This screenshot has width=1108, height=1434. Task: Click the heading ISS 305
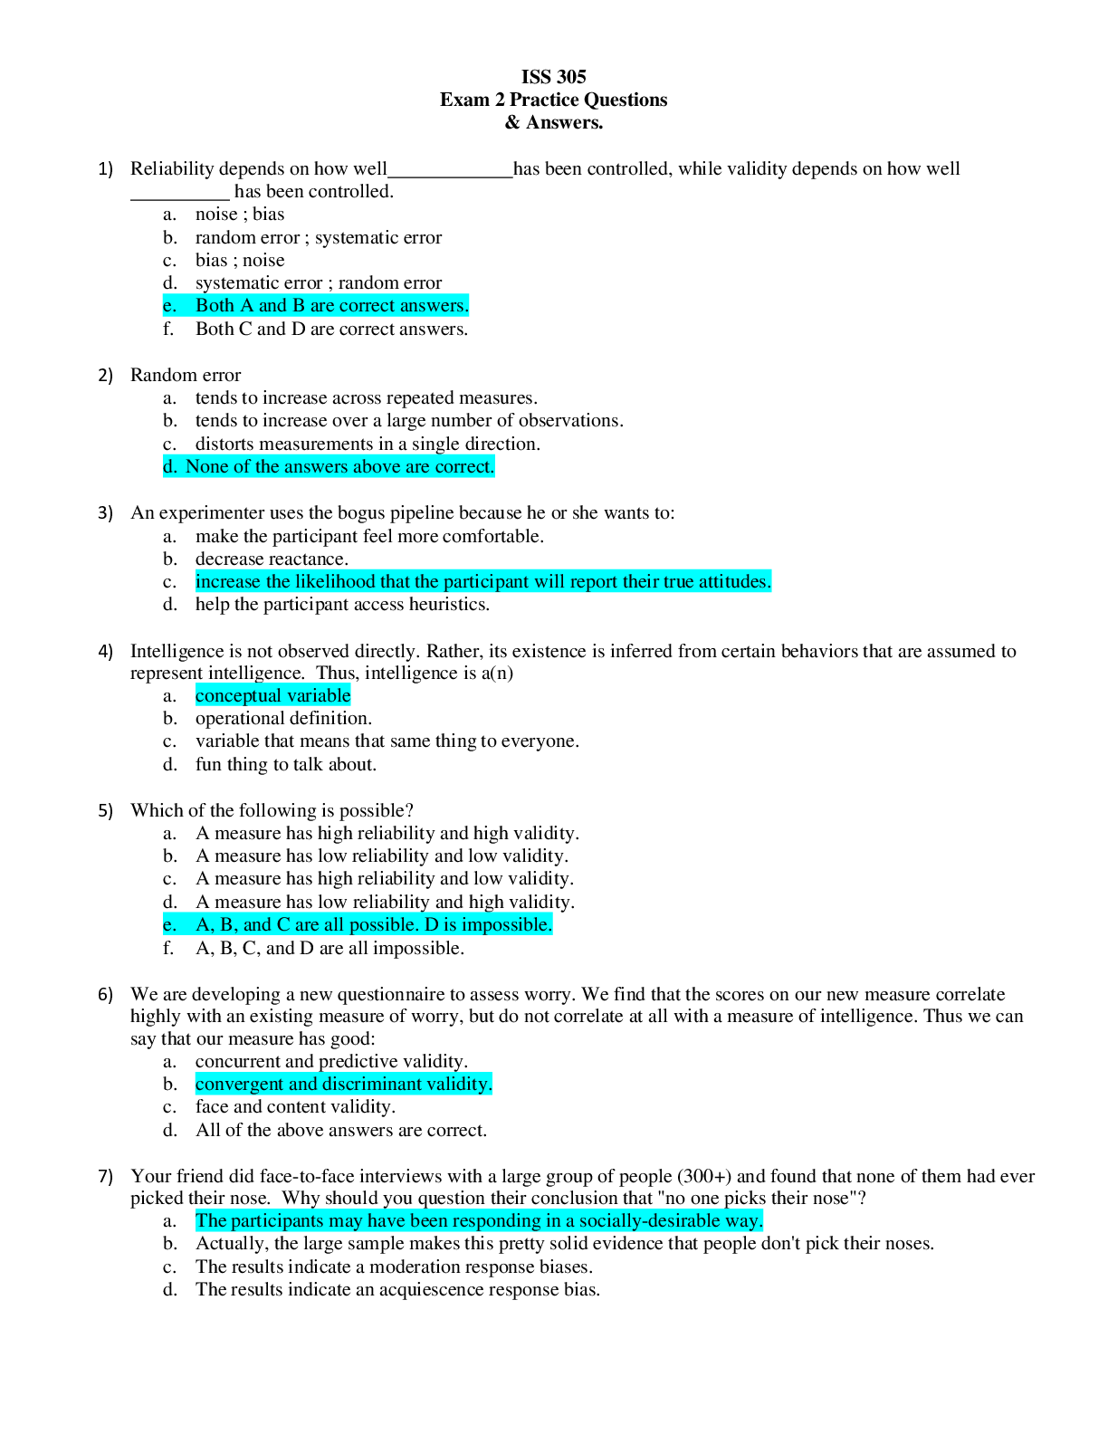coord(553,77)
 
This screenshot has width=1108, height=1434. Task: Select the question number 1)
coord(106,169)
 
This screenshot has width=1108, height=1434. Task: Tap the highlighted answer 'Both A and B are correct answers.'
coord(331,306)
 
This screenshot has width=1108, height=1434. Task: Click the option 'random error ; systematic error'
coord(319,238)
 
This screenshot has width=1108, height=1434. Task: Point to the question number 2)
coord(106,376)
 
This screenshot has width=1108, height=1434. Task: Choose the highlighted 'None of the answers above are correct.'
coord(339,467)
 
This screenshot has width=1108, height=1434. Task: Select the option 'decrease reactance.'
coord(272,559)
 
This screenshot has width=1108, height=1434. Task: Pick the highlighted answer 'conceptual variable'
coord(272,696)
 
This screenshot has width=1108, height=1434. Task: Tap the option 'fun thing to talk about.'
coord(286,765)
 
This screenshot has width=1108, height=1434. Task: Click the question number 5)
coord(106,811)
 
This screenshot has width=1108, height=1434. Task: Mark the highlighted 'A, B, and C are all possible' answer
coord(373,925)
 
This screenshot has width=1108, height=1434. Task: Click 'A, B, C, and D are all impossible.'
coord(330,949)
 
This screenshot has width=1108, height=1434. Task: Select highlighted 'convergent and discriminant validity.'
coord(343,1085)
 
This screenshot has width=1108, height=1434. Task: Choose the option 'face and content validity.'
coord(295,1107)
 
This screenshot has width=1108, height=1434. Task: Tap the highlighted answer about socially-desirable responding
coord(479,1221)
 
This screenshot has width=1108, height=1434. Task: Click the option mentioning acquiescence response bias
coord(397,1290)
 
